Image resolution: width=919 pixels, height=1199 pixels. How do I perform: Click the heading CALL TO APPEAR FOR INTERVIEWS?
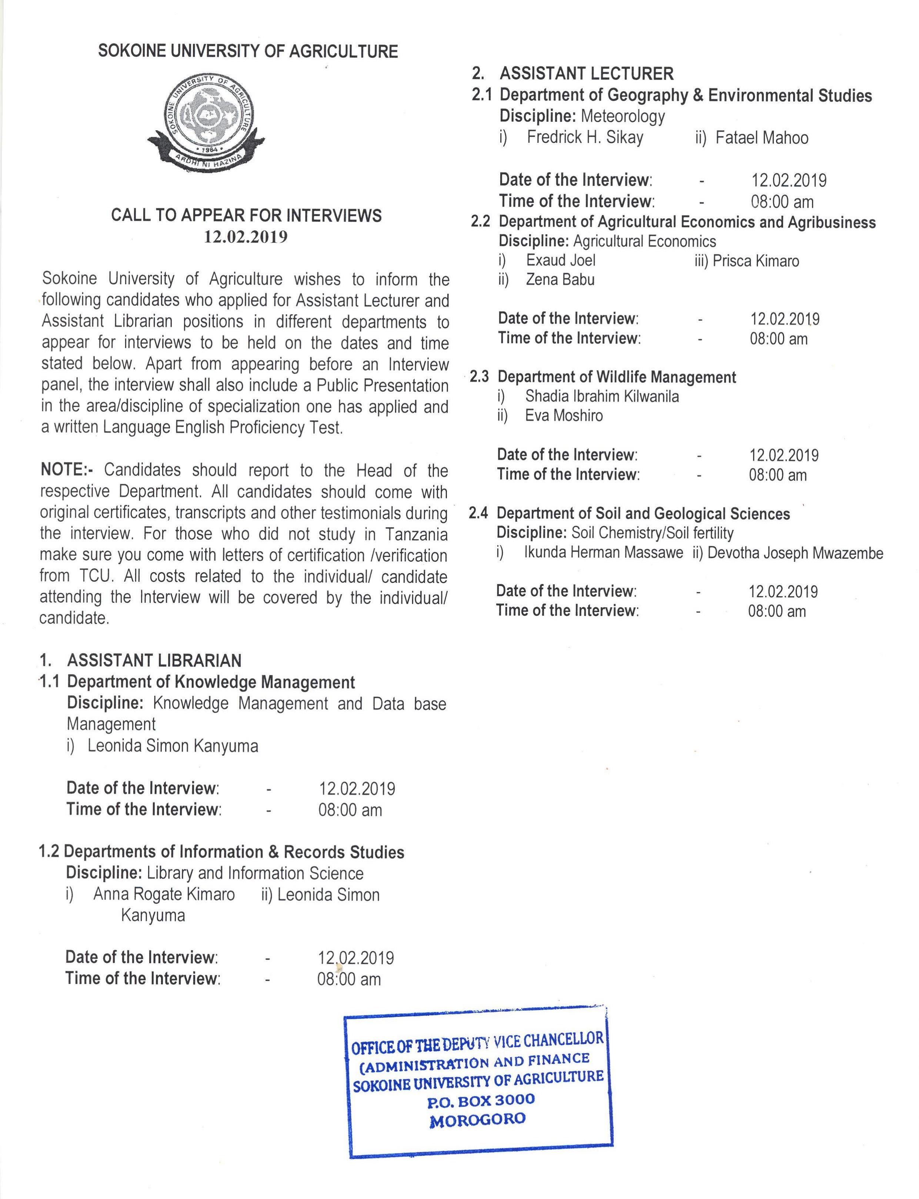click(x=246, y=215)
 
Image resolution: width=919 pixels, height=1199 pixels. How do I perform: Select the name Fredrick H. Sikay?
click(x=585, y=137)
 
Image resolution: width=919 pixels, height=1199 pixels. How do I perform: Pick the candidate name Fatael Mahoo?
click(x=762, y=138)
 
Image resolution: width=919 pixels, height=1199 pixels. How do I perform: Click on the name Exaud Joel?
click(x=561, y=260)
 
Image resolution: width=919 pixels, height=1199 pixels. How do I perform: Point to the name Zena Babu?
click(x=560, y=280)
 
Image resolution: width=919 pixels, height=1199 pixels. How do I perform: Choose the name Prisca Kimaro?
click(x=755, y=261)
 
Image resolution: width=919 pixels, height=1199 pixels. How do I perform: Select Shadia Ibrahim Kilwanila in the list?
click(x=602, y=396)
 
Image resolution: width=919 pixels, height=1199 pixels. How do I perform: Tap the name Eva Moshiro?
click(x=564, y=416)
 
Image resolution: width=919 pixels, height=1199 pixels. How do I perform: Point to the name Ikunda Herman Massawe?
click(x=604, y=553)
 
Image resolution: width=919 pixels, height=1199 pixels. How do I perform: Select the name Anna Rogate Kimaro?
click(x=164, y=894)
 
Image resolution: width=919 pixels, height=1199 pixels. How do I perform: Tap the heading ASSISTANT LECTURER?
click(x=587, y=74)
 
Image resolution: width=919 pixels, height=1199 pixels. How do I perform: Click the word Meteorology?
click(x=622, y=117)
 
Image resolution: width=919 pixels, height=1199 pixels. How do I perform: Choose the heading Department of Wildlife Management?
click(x=616, y=377)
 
